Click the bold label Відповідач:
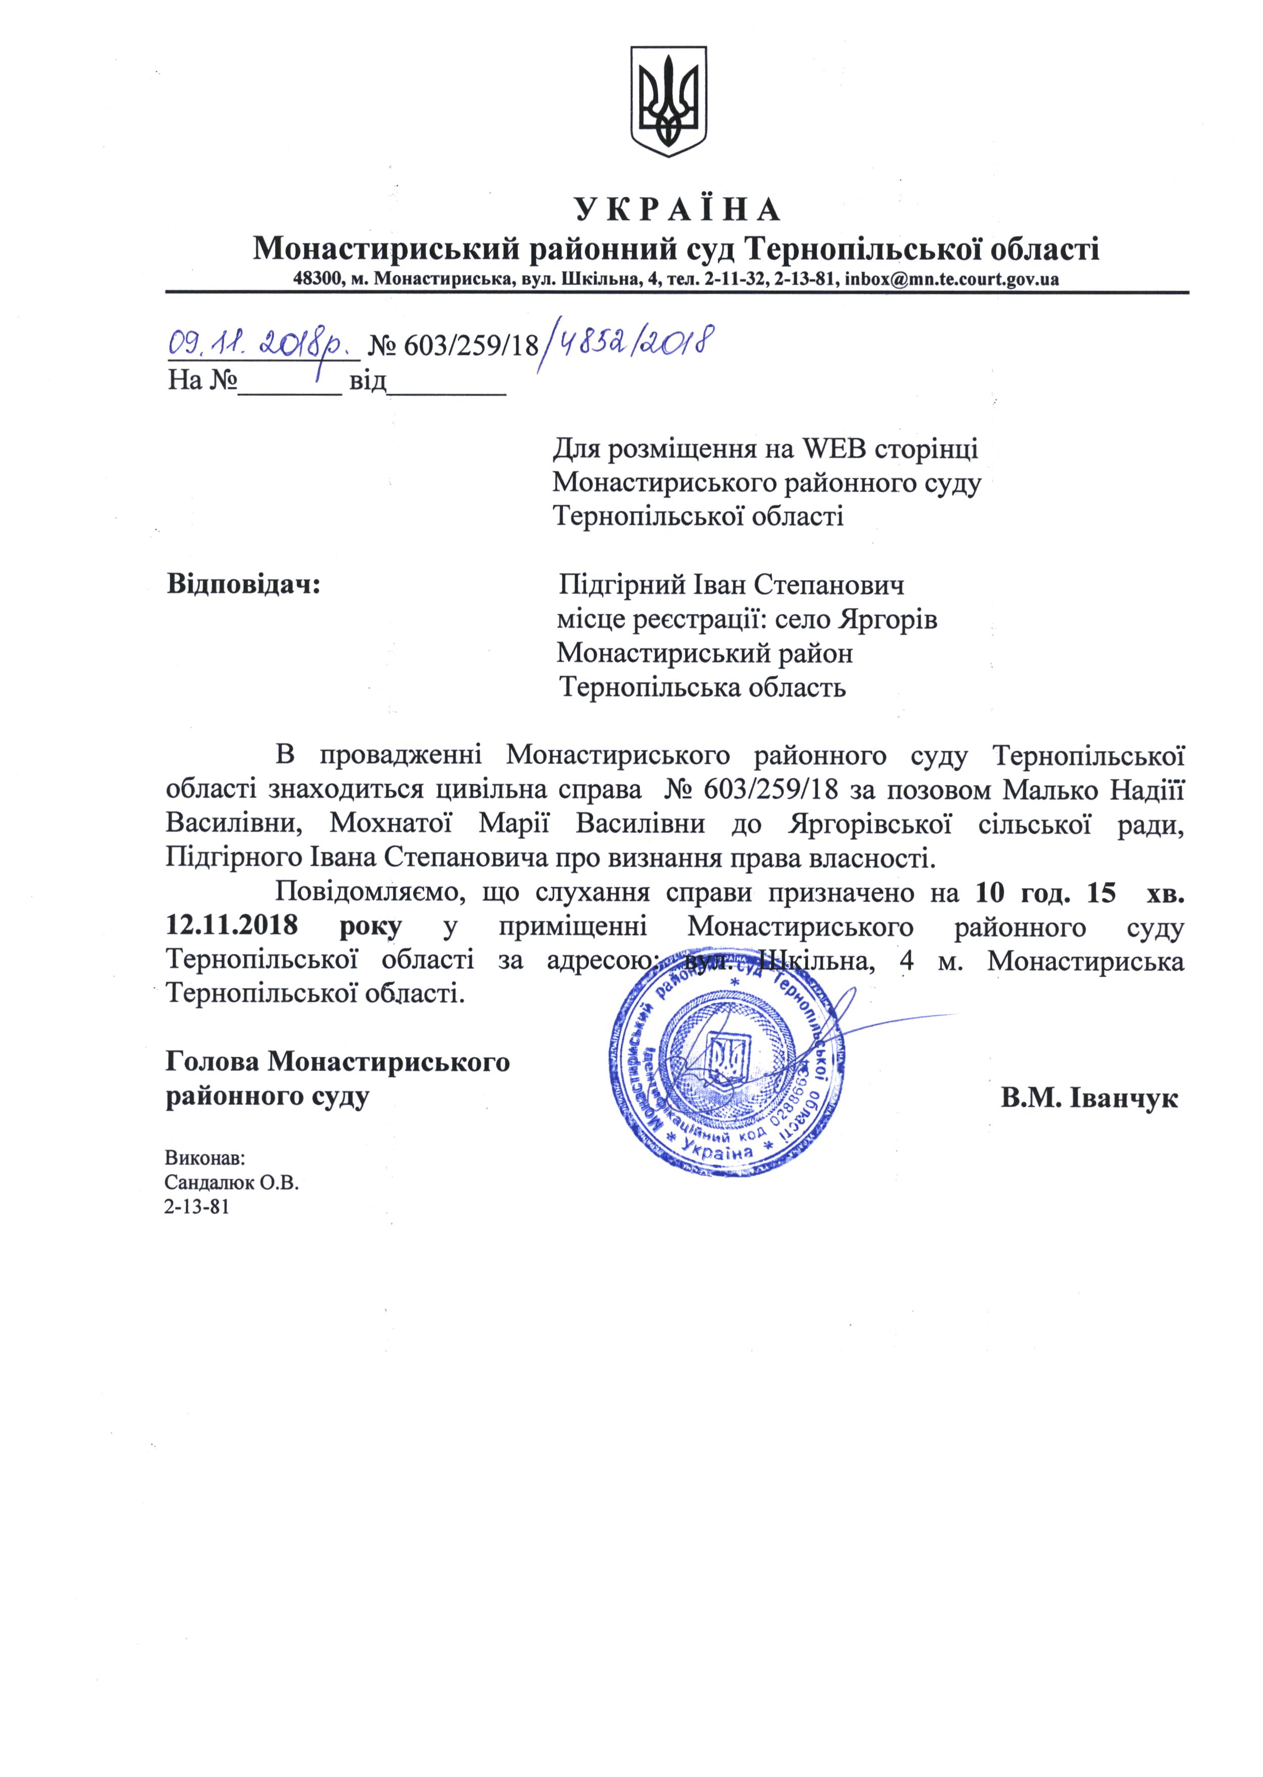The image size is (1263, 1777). click(x=243, y=584)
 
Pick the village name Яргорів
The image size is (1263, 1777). click(x=888, y=620)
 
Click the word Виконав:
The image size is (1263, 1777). click(x=204, y=1158)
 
